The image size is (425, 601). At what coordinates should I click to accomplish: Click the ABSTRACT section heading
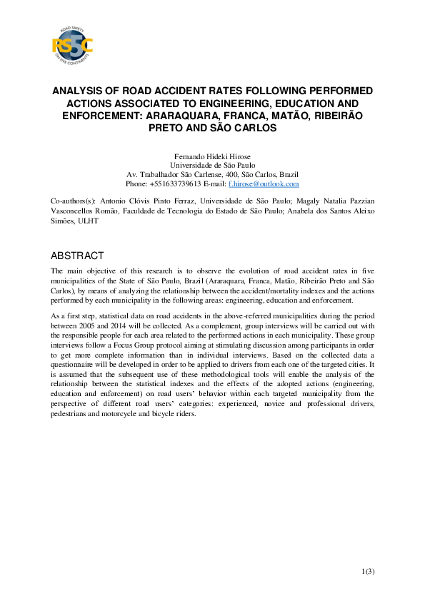click(x=77, y=256)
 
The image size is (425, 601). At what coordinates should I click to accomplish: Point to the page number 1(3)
click(x=368, y=570)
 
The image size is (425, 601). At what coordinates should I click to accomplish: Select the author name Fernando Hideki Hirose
click(x=212, y=156)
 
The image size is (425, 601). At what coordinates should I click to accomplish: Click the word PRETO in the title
click(x=169, y=126)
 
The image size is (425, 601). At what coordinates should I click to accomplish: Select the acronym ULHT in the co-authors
click(x=89, y=221)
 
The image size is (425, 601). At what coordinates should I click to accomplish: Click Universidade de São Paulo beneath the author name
click(x=212, y=165)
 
